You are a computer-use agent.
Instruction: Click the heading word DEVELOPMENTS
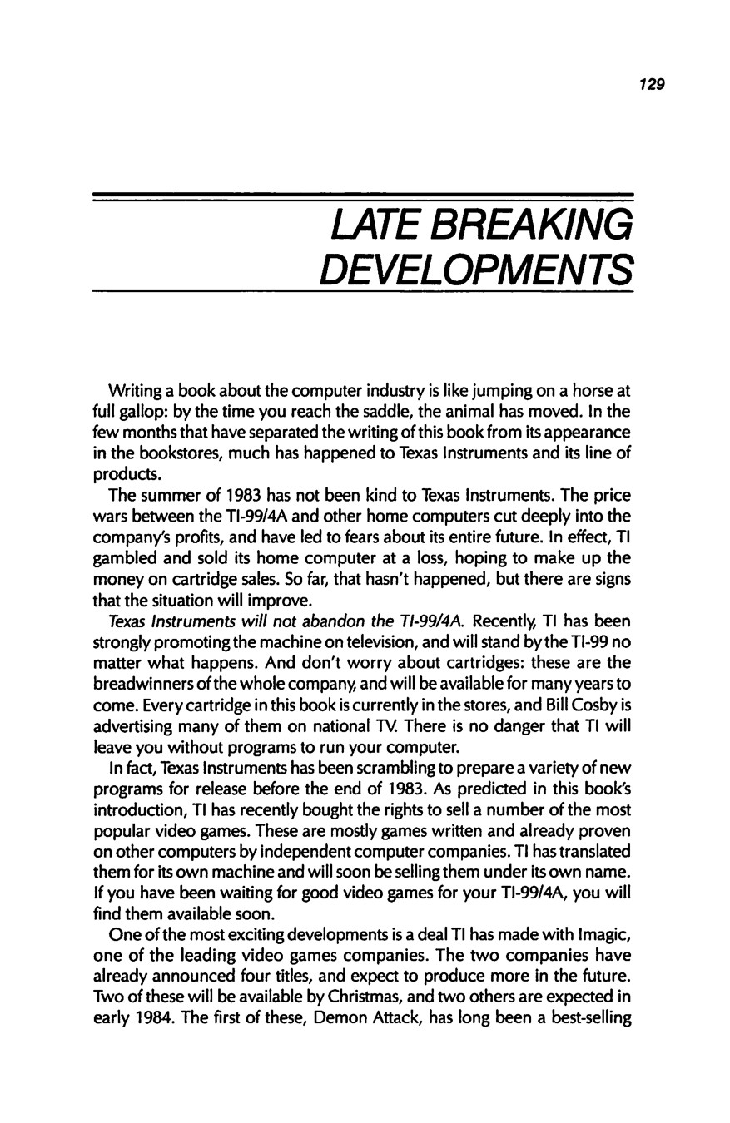477,269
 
